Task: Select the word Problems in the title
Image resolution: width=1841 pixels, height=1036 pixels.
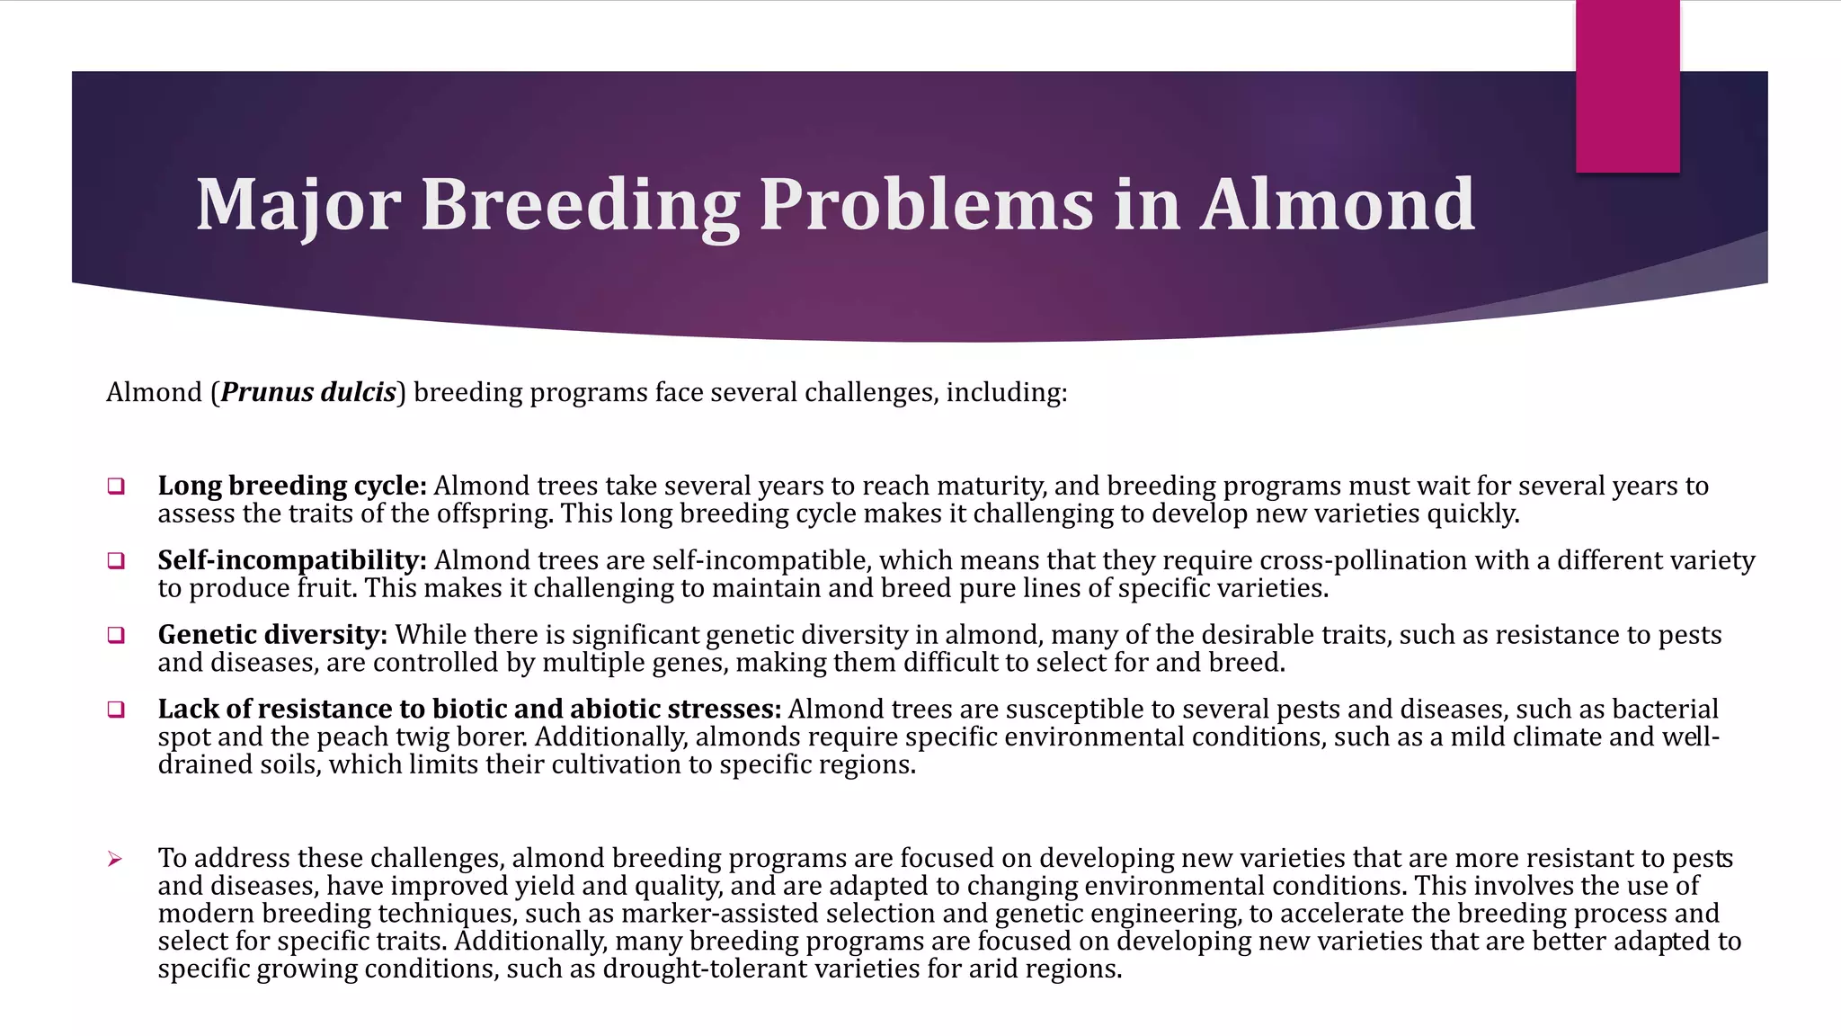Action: pos(926,205)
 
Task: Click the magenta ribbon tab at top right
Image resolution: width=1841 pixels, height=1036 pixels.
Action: pos(1627,86)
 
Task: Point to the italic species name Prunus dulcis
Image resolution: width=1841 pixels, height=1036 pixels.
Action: pos(308,392)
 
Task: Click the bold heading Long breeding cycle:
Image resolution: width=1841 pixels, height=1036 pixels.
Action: pos(292,486)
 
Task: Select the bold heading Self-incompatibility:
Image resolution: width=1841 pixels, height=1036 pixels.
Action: pos(292,560)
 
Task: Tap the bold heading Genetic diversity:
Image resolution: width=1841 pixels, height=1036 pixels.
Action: pos(272,635)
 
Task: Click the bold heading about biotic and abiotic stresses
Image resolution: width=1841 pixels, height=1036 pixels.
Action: pos(469,710)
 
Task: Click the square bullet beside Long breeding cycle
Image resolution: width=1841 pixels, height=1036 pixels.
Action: pos(115,487)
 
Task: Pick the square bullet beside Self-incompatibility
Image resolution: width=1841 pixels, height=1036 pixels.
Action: pos(115,561)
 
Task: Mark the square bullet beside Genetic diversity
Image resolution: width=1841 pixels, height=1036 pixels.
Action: pos(115,636)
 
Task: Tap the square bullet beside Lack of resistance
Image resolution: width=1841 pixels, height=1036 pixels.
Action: pos(115,710)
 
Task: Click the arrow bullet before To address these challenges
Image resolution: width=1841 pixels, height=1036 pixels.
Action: pos(115,860)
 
